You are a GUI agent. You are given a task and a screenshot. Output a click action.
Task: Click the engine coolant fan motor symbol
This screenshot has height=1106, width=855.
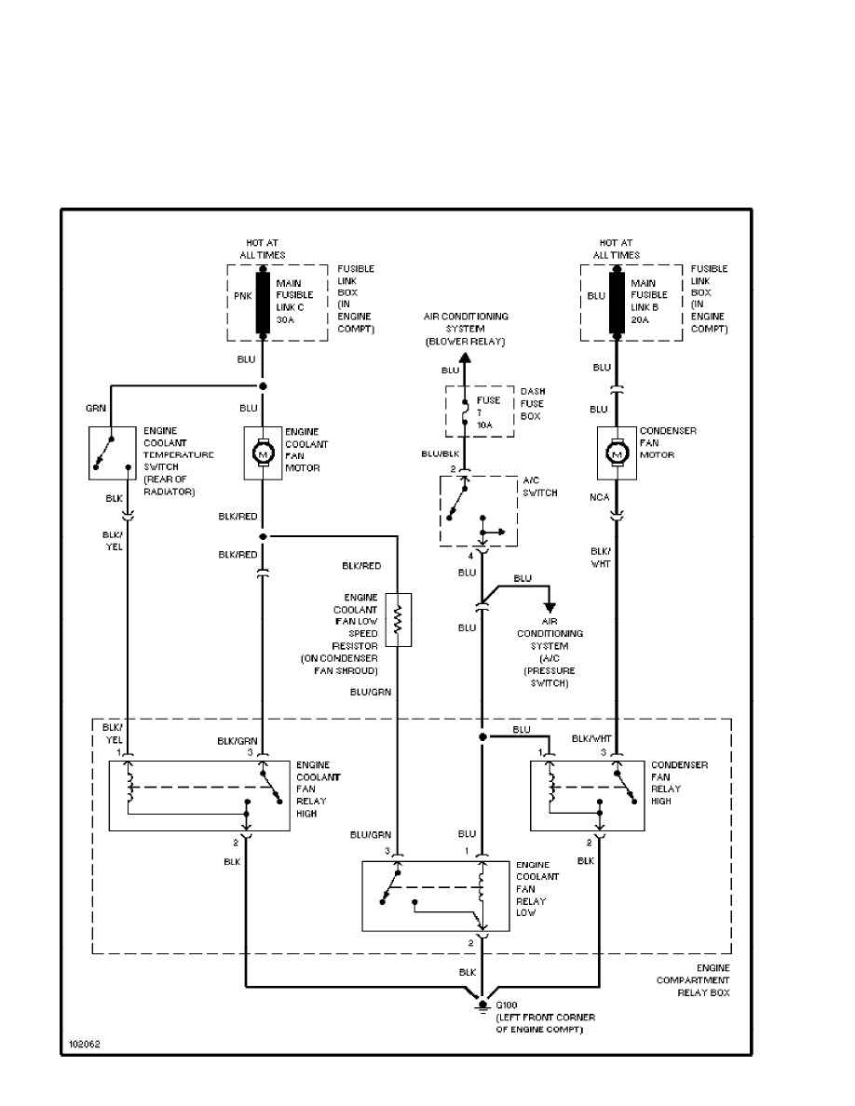click(263, 453)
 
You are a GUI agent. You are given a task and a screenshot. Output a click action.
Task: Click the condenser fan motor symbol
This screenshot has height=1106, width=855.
click(616, 453)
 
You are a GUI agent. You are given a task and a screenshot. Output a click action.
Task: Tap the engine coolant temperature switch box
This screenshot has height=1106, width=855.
click(110, 452)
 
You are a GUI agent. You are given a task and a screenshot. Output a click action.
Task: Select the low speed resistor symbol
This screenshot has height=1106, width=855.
click(398, 619)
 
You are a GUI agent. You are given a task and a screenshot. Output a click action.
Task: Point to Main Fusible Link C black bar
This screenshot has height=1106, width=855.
click(263, 303)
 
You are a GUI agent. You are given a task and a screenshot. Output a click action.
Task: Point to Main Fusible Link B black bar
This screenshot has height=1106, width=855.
click(616, 303)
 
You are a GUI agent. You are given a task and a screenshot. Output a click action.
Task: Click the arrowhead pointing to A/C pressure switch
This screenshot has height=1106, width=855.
click(550, 607)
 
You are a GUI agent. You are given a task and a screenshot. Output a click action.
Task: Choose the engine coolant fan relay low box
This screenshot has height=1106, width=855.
click(436, 896)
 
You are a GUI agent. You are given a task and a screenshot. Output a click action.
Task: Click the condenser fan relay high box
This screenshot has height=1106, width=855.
click(586, 795)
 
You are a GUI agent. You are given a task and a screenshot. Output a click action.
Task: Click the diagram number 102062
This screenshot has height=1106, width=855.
click(82, 1045)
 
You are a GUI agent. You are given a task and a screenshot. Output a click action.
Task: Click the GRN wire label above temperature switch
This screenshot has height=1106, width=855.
click(97, 408)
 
